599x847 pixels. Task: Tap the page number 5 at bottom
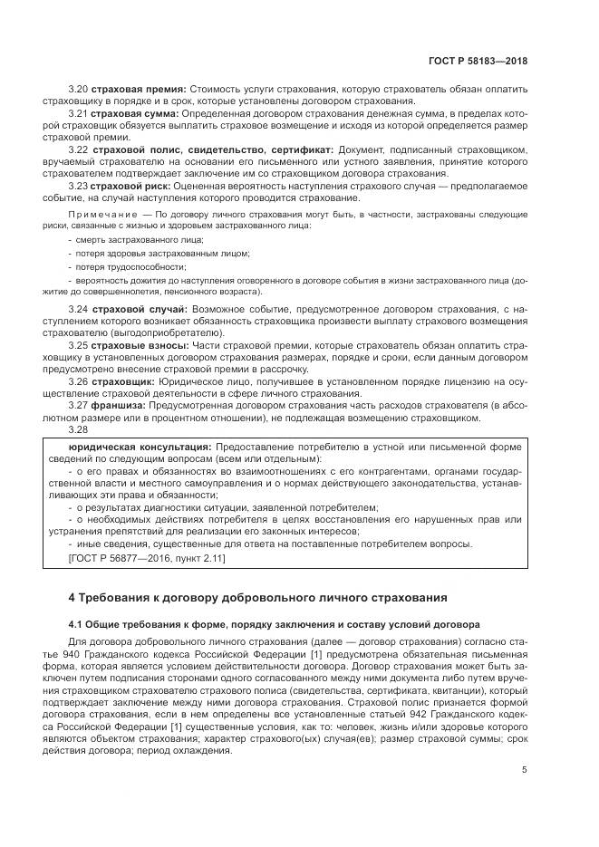pos(524,770)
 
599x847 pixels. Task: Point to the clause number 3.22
pos(78,149)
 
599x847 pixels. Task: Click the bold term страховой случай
pos(142,310)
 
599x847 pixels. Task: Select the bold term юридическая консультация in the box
pos(140,447)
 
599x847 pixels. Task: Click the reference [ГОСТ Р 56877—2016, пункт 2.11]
pos(147,558)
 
